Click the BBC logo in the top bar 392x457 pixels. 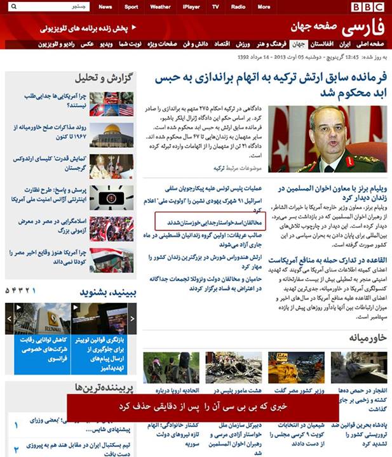click(x=368, y=7)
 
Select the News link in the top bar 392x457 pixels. click(x=105, y=7)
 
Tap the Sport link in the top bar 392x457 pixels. click(x=131, y=7)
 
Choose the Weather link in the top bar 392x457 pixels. click(x=160, y=7)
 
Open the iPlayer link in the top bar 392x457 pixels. click(x=191, y=7)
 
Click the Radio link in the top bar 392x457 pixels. click(x=238, y=7)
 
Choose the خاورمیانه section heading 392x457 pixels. click(x=362, y=338)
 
